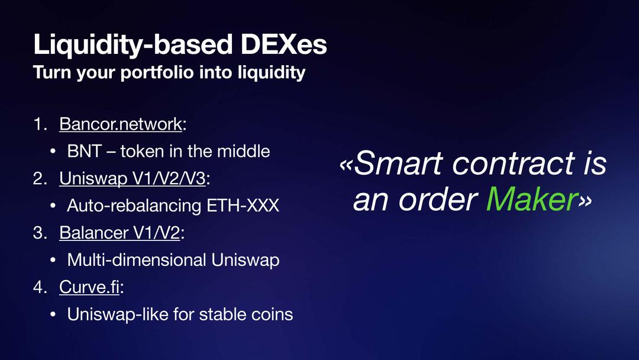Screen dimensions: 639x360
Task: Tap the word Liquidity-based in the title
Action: tap(133, 46)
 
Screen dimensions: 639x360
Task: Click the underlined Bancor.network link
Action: tap(121, 124)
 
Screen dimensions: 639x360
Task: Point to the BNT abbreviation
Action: tap(85, 151)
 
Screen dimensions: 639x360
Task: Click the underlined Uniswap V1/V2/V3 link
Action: tap(133, 179)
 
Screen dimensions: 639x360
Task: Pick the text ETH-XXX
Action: tap(243, 205)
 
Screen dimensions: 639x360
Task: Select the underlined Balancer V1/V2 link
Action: tap(120, 233)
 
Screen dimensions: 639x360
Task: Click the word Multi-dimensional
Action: tap(137, 260)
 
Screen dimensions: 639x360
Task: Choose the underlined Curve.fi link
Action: tap(90, 287)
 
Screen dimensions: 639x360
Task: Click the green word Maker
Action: tap(532, 200)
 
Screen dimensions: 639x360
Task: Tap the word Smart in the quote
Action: tap(398, 163)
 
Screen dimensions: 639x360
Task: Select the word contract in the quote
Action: tap(514, 164)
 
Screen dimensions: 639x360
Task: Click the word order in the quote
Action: tap(438, 200)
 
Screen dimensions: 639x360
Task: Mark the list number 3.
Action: tap(38, 233)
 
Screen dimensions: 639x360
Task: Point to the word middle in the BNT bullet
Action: tap(243, 151)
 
